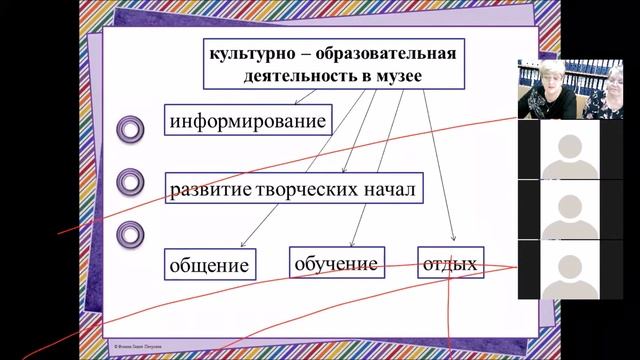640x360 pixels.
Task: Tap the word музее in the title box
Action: coord(398,75)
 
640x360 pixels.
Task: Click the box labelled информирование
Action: coord(249,122)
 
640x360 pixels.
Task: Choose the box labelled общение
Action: coord(207,265)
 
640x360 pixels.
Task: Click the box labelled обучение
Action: coord(336,263)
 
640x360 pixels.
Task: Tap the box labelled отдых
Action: coord(449,264)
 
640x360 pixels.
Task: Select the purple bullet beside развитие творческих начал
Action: coord(131,181)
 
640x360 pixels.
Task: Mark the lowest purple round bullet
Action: coord(131,234)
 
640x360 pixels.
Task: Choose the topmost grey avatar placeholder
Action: coord(568,147)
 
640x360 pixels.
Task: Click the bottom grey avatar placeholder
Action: coord(568,268)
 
